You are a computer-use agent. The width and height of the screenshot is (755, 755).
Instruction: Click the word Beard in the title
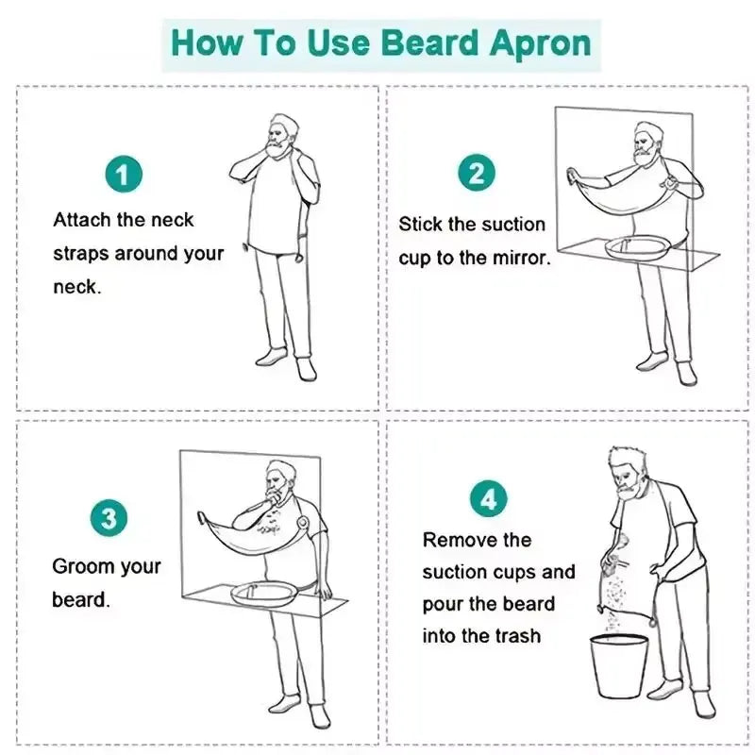(x=427, y=42)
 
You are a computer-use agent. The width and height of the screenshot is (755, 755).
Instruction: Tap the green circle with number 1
(x=124, y=176)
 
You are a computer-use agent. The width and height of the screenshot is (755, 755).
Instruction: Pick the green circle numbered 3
(x=110, y=519)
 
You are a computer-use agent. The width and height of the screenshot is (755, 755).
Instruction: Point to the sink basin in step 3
(x=264, y=594)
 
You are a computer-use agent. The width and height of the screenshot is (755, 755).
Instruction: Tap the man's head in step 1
(x=281, y=132)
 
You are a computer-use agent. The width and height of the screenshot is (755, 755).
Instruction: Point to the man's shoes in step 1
(x=287, y=362)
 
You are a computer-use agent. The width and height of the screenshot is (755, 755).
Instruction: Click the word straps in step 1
(x=82, y=253)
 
